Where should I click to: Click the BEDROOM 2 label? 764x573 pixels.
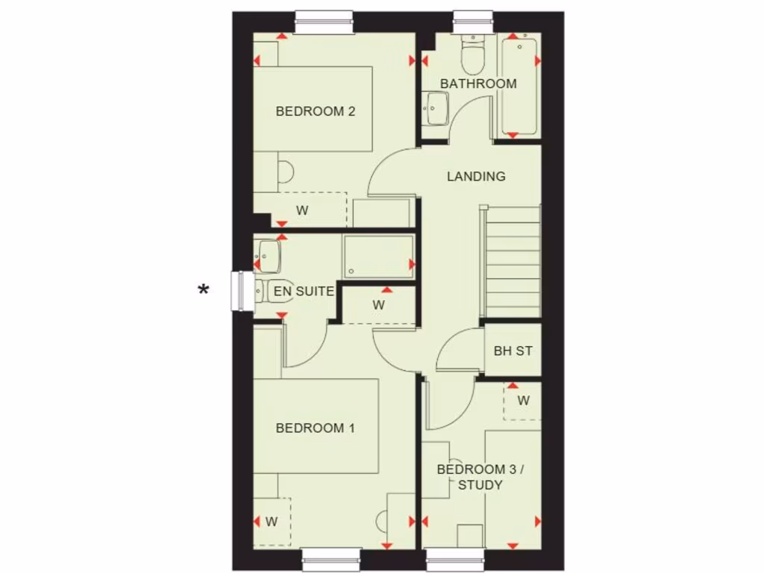click(x=315, y=111)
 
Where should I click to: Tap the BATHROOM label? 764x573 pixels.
click(x=478, y=84)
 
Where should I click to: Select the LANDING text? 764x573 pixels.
click(x=476, y=177)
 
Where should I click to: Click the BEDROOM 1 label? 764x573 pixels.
click(x=315, y=428)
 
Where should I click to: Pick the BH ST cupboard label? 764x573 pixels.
click(x=513, y=350)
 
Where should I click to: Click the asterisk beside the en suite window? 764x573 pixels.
click(x=203, y=290)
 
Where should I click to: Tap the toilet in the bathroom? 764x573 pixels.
click(x=472, y=52)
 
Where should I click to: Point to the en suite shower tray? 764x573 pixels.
click(x=378, y=257)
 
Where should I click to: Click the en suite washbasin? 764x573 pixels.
click(x=268, y=256)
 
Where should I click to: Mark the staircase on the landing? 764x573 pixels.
click(x=513, y=261)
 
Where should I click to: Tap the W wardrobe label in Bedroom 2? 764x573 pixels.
click(x=302, y=210)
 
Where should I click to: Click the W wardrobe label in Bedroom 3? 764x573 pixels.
click(x=524, y=401)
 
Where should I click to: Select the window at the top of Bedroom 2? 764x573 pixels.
click(x=324, y=22)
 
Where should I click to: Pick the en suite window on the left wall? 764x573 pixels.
click(x=240, y=290)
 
